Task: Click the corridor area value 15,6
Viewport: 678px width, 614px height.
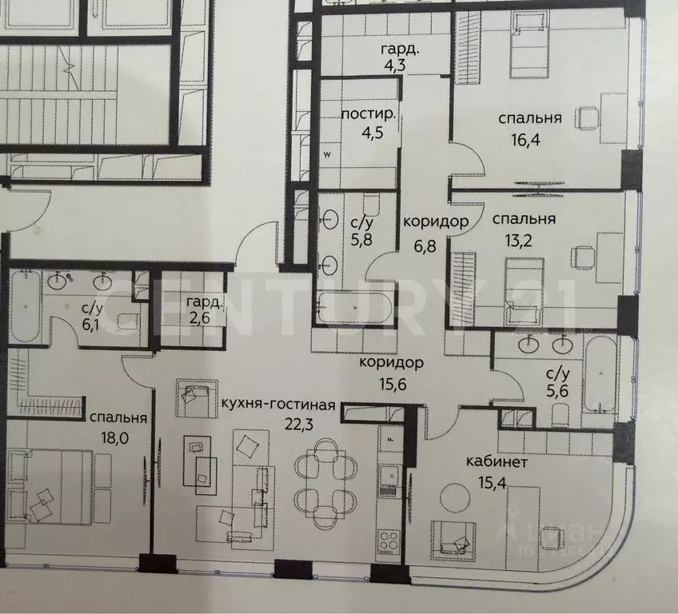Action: (x=391, y=382)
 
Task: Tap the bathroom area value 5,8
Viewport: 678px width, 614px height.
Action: (x=350, y=238)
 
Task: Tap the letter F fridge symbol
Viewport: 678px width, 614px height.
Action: (x=390, y=439)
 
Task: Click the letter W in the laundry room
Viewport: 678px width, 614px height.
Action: (x=326, y=155)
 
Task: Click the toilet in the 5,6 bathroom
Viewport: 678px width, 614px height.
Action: (x=560, y=413)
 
